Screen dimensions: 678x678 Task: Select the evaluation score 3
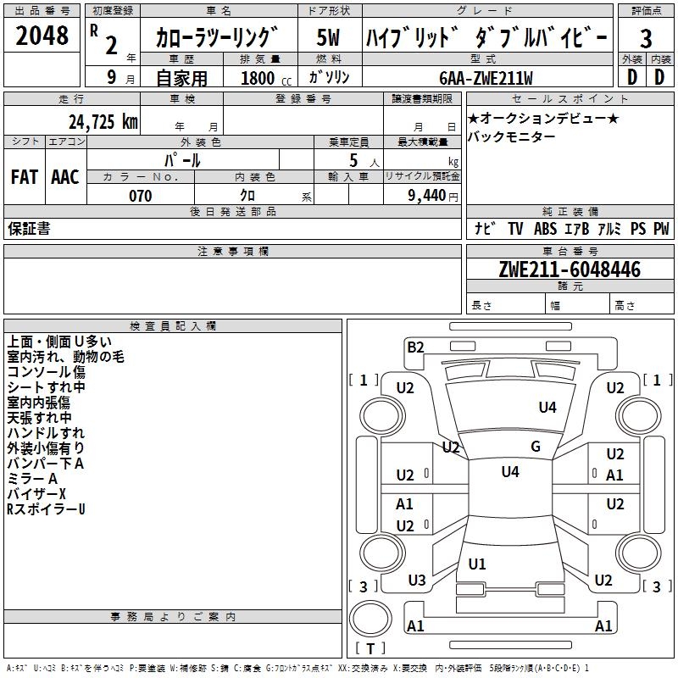(x=646, y=38)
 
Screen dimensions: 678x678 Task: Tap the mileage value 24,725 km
(x=103, y=121)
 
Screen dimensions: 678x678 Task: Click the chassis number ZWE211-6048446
(x=570, y=270)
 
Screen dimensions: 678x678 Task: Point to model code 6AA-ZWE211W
(x=486, y=78)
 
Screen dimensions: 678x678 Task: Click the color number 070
(x=140, y=196)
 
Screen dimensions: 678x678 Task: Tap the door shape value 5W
(x=329, y=38)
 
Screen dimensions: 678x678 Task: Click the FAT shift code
(x=24, y=177)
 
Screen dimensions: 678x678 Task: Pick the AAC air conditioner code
(x=64, y=177)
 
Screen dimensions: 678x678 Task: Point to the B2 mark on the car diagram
(x=415, y=347)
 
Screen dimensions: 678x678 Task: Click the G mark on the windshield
(x=536, y=447)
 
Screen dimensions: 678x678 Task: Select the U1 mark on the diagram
(x=477, y=564)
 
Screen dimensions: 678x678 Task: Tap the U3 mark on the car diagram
(x=417, y=581)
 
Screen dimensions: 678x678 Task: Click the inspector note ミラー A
(x=32, y=479)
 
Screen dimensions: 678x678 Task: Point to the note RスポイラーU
(x=46, y=509)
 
